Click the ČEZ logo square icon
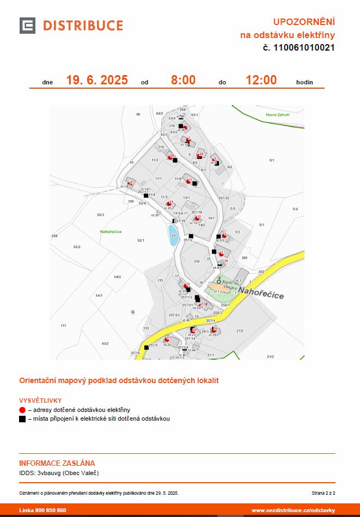[27, 26]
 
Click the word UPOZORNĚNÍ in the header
[303, 22]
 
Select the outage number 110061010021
[304, 48]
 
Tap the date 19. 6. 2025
[97, 81]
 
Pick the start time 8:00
[183, 81]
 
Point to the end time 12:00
[261, 81]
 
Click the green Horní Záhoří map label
[277, 115]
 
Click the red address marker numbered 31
[170, 202]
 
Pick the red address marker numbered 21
[168, 338]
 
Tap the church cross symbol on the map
[219, 280]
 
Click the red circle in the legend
[22, 410]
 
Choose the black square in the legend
[22, 419]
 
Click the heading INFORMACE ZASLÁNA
[57, 463]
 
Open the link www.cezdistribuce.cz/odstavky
[293, 510]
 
